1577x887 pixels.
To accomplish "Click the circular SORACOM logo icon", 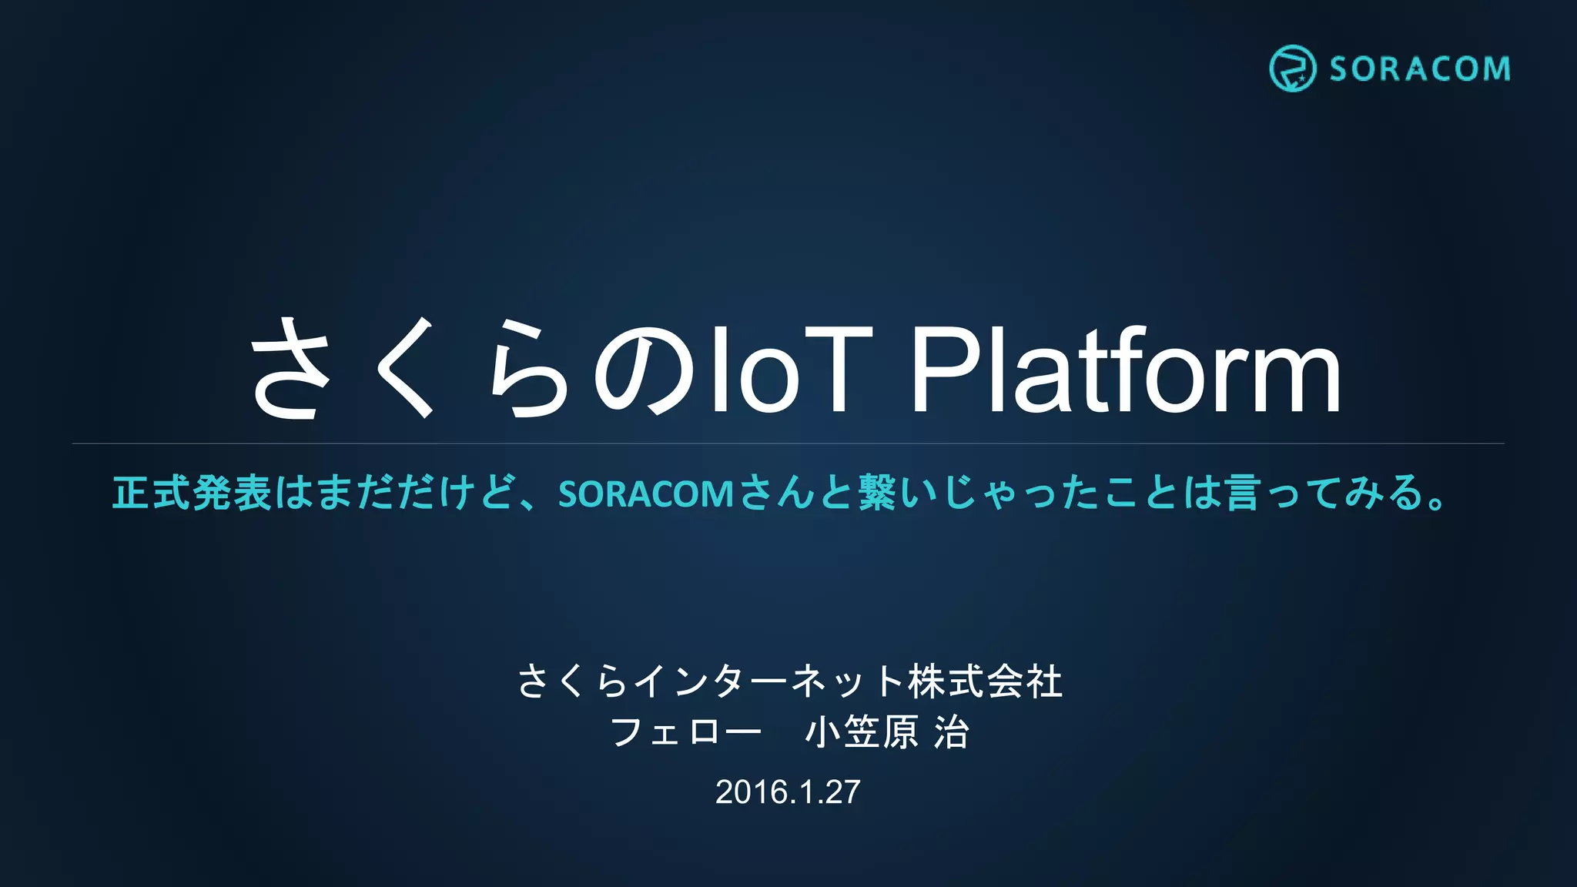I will [x=1291, y=69].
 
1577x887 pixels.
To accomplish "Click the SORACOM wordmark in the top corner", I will [x=1419, y=69].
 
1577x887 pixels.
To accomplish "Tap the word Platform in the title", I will [x=1125, y=371].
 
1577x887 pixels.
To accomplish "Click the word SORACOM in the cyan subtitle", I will [x=645, y=494].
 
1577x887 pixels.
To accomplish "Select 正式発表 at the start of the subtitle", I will [x=192, y=493].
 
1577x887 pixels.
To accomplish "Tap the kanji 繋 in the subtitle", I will [x=877, y=493].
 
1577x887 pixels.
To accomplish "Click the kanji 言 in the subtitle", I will [x=1241, y=493].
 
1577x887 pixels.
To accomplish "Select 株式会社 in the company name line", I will [x=986, y=681].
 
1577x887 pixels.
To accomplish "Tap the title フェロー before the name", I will [x=685, y=731].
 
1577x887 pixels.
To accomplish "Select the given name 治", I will [x=951, y=731].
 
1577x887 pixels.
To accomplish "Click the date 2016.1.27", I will [x=788, y=792].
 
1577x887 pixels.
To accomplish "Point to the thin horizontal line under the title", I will [x=788, y=443].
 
